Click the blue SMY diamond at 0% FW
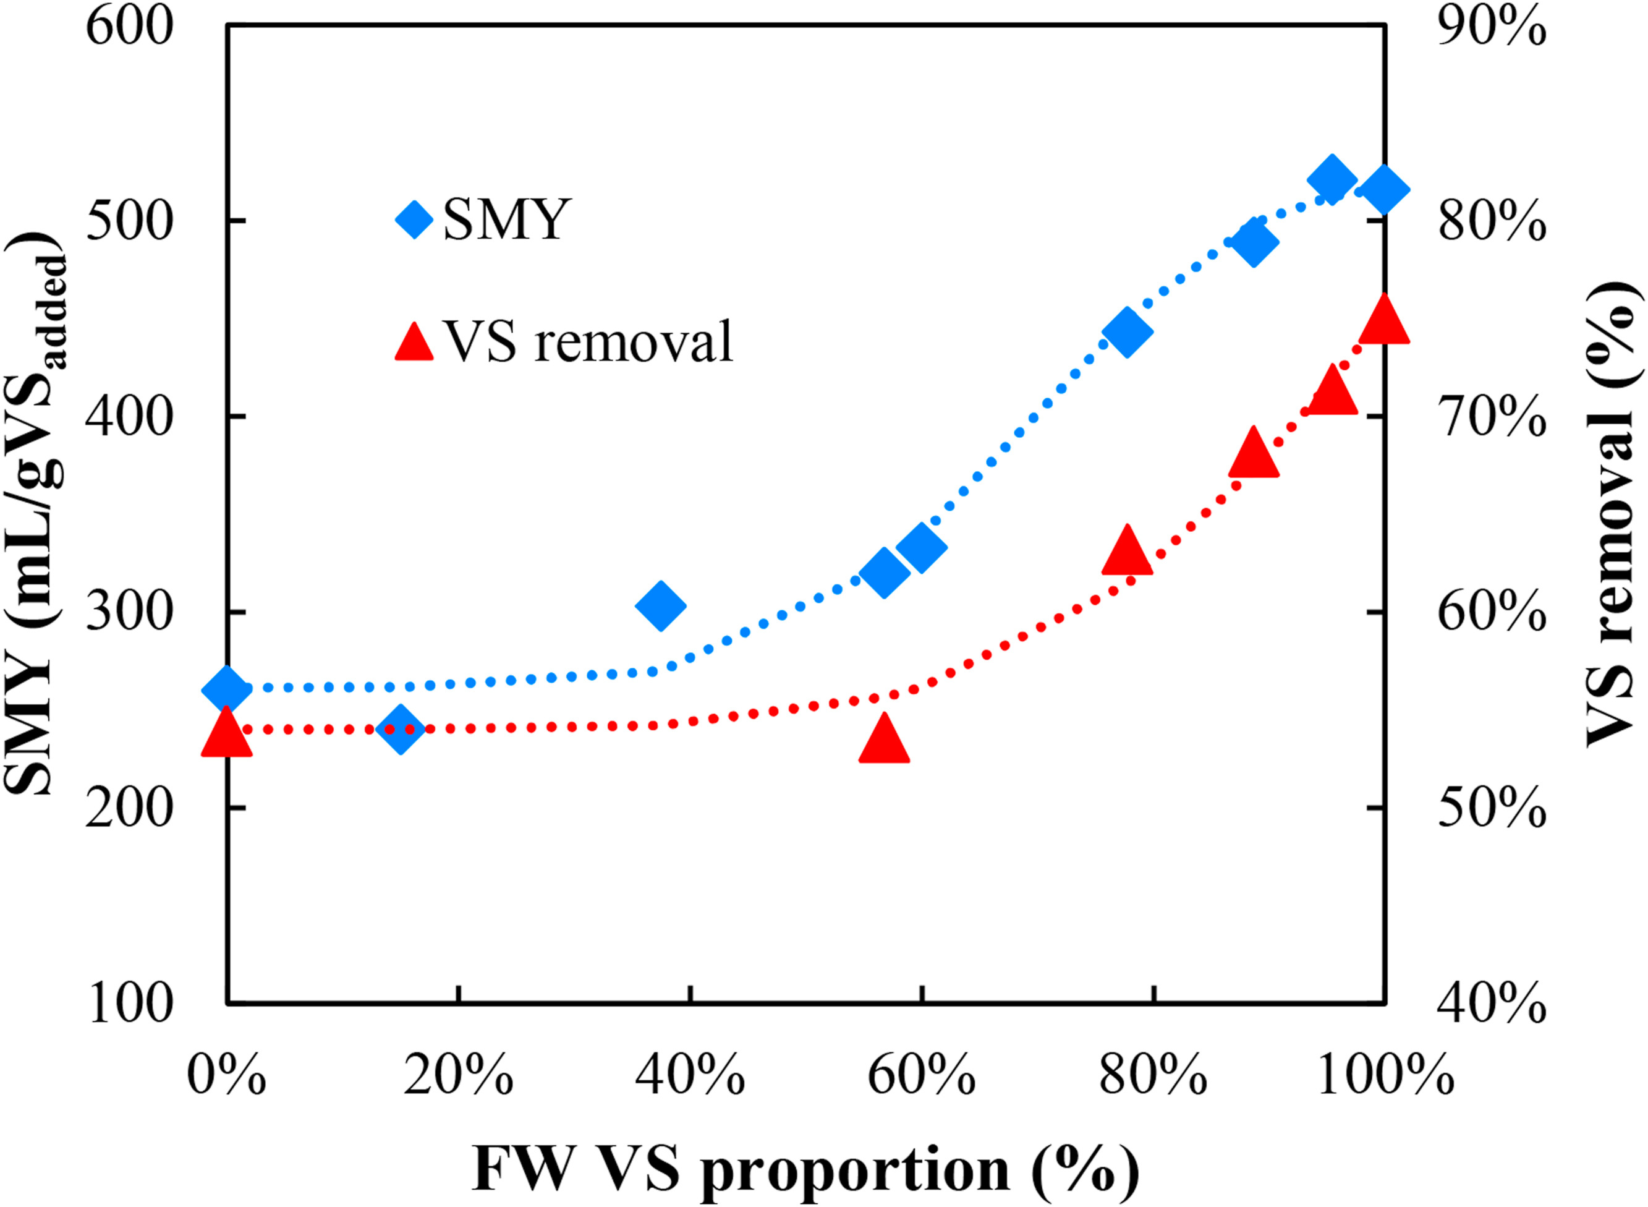(226, 688)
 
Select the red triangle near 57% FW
(884, 740)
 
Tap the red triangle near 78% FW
(1126, 552)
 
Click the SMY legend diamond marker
(414, 218)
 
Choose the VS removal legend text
(588, 341)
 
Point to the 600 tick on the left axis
(129, 27)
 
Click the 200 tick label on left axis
(129, 808)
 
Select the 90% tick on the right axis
(1492, 27)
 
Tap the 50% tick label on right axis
(1492, 808)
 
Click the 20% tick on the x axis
(458, 1075)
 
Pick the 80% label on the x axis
(1153, 1075)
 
